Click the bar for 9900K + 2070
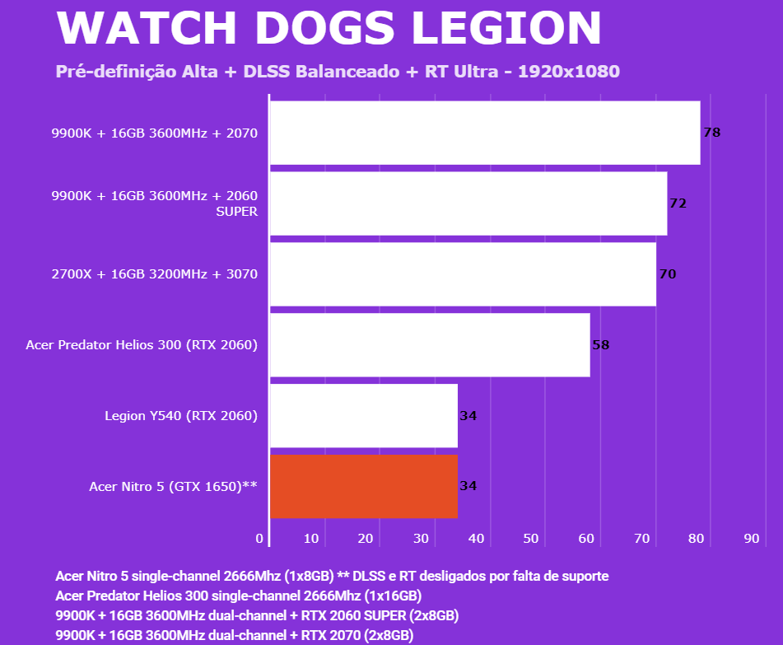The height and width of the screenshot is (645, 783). click(x=485, y=133)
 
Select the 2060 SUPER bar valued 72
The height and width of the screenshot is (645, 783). click(x=468, y=203)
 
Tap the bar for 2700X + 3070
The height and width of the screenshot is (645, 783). click(x=463, y=274)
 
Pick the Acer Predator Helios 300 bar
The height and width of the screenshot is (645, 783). click(x=430, y=345)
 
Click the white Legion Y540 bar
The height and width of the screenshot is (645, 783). click(x=364, y=415)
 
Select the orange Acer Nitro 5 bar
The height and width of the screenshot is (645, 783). click(x=364, y=486)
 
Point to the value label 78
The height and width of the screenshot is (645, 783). click(x=712, y=132)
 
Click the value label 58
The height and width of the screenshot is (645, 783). click(x=601, y=345)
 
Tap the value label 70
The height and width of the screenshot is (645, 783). click(x=668, y=274)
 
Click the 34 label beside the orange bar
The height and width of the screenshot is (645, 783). click(x=468, y=486)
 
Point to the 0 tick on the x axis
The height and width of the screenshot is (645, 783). click(x=260, y=539)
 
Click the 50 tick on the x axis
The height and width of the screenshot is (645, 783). click(x=531, y=539)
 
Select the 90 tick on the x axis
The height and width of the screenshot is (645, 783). click(x=751, y=539)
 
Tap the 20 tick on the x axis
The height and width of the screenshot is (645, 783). click(x=366, y=539)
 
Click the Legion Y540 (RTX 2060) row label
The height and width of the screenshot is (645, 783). click(x=181, y=416)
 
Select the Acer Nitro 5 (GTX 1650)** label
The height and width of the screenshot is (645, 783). click(x=174, y=487)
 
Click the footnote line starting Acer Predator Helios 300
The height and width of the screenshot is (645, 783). click(x=239, y=596)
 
